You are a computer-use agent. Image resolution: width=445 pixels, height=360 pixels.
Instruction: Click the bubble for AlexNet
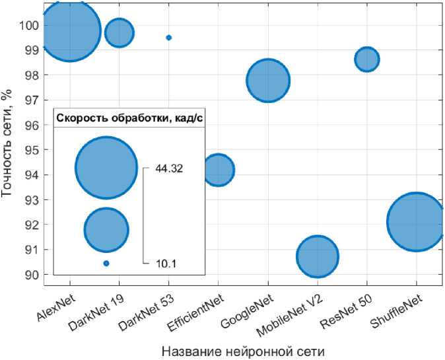[x=70, y=30]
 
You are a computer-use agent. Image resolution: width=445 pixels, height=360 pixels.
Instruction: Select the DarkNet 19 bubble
[x=120, y=33]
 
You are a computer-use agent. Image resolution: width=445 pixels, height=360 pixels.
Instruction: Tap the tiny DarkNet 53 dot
[x=169, y=38]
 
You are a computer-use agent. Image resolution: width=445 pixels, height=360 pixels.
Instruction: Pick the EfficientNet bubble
[x=219, y=170]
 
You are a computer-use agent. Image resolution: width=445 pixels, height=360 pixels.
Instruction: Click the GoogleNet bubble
[x=268, y=80]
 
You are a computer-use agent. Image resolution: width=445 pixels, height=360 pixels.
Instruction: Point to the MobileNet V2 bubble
[x=318, y=256]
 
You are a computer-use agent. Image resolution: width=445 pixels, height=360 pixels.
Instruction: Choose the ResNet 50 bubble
[x=367, y=59]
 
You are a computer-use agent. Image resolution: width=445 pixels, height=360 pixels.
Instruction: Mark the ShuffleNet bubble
[x=416, y=222]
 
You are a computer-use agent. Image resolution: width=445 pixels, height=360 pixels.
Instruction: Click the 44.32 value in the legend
[x=169, y=168]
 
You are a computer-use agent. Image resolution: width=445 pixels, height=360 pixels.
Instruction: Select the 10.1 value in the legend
[x=166, y=264]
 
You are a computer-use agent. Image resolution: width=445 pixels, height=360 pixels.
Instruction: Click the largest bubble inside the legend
[x=106, y=168]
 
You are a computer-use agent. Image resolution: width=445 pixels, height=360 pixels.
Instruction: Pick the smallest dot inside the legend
[x=106, y=264]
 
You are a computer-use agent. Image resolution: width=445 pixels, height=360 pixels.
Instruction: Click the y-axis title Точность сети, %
[x=8, y=143]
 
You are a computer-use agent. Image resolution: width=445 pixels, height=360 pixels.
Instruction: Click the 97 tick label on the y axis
[x=31, y=100]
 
